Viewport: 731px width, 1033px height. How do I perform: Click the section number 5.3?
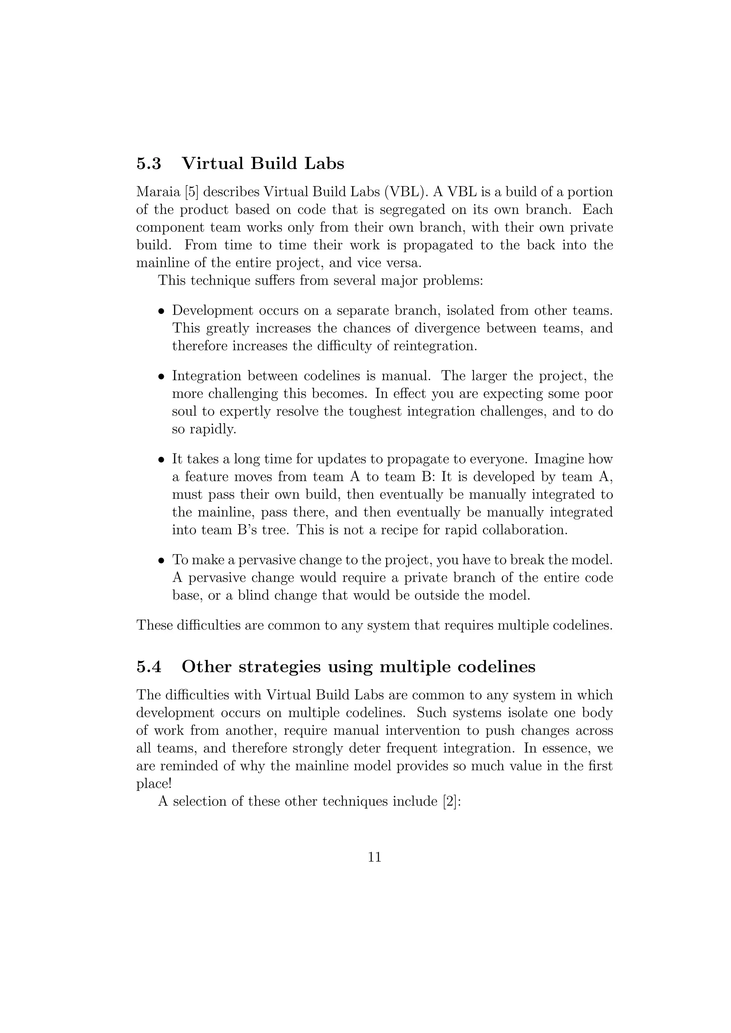[x=148, y=163]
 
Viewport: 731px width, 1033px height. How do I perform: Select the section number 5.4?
[x=148, y=666]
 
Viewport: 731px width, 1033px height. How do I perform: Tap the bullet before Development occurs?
[x=161, y=311]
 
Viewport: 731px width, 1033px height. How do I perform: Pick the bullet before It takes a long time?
[x=161, y=460]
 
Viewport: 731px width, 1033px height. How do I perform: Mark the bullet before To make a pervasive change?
[x=161, y=561]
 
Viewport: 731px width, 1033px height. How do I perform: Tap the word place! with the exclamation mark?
[x=153, y=784]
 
